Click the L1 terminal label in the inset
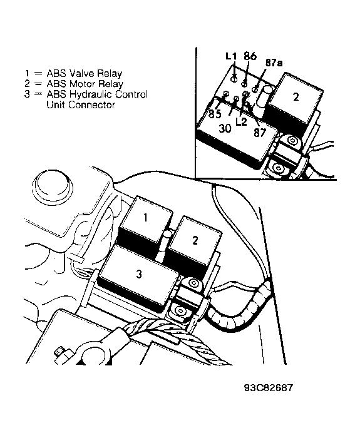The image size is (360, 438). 231,56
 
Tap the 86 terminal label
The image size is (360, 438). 250,56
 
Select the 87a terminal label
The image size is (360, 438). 274,63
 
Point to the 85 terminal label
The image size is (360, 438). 215,114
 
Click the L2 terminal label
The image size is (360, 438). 241,121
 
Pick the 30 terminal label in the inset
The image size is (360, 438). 225,128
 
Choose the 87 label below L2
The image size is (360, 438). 260,133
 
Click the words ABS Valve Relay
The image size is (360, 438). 85,73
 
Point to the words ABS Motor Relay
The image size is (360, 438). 85,84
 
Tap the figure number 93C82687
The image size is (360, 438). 269,388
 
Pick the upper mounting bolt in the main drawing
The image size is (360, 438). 192,284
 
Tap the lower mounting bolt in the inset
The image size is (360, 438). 278,168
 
